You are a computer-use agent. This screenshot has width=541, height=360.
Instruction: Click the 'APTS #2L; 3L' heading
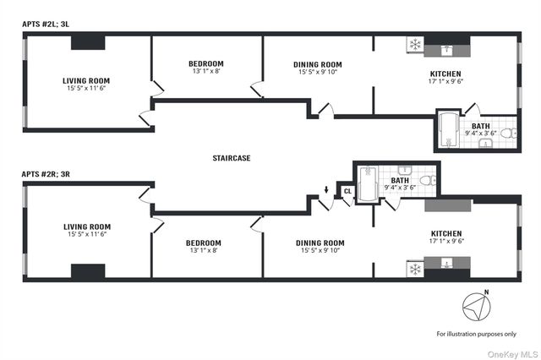click(x=47, y=25)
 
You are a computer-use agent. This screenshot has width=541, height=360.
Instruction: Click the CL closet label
click(x=347, y=192)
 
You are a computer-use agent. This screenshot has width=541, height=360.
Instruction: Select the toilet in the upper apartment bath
click(x=507, y=133)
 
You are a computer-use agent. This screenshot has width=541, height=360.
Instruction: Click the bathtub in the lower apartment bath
click(x=366, y=185)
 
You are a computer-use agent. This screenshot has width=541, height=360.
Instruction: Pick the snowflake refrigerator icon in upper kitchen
click(x=415, y=44)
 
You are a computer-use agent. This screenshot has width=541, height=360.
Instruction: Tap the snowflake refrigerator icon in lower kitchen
click(x=415, y=270)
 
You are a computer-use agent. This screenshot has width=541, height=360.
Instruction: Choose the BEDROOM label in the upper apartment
click(x=205, y=64)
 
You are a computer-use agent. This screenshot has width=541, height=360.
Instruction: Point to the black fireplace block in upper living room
click(x=88, y=43)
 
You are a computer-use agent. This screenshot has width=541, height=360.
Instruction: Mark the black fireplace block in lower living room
click(x=88, y=271)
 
